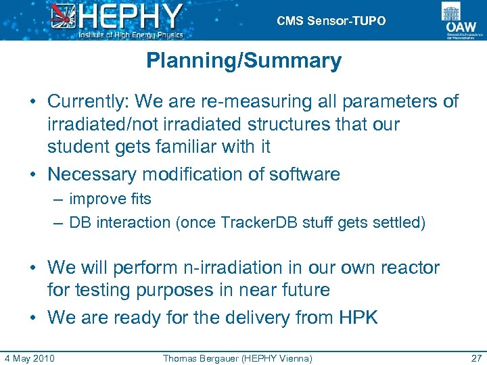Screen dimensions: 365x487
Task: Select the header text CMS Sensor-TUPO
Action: point(331,21)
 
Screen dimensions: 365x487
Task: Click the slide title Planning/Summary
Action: point(243,61)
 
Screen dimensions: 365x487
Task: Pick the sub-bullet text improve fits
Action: point(110,199)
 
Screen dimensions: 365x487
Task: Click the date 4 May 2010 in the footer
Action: point(29,358)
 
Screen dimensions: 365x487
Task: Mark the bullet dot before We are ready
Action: point(32,318)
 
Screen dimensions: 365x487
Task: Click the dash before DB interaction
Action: point(59,222)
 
